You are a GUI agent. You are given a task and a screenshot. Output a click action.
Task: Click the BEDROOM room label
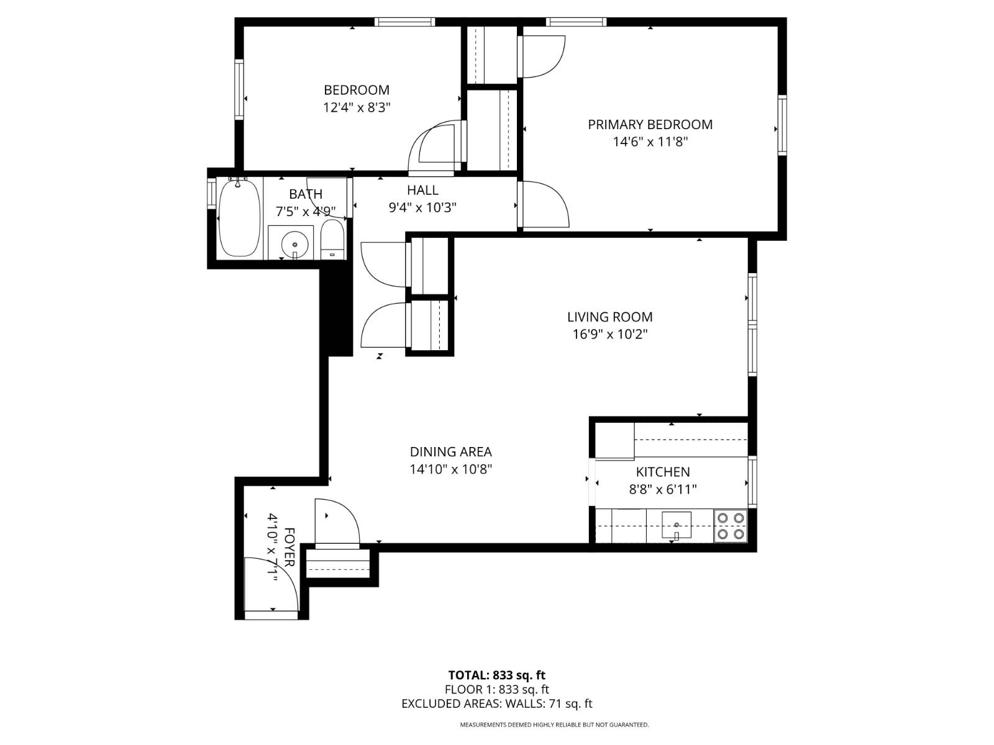click(357, 90)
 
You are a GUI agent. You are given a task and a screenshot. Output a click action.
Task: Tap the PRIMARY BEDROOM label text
click(650, 124)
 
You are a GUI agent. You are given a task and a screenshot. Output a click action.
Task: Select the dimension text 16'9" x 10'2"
click(609, 334)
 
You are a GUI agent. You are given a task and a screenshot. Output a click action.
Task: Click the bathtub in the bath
click(239, 217)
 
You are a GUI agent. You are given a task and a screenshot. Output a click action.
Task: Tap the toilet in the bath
click(332, 239)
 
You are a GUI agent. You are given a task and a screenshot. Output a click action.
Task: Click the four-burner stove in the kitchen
click(730, 525)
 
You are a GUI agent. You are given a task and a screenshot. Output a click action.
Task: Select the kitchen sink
click(677, 525)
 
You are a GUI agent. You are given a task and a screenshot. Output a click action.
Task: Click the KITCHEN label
click(663, 472)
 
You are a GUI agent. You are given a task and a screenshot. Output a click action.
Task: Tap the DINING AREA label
click(450, 452)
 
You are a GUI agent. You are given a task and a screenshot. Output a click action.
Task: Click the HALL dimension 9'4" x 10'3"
click(422, 207)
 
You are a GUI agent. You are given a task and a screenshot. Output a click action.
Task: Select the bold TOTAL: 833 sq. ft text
click(497, 675)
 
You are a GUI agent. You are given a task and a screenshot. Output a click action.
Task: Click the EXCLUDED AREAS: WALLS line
click(497, 703)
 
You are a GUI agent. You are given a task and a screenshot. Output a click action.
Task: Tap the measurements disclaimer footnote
click(554, 725)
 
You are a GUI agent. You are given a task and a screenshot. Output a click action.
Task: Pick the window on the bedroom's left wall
click(239, 89)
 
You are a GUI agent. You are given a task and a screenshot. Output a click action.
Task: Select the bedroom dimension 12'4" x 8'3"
click(357, 107)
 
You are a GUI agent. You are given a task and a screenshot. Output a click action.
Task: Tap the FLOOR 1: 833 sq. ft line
click(497, 689)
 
